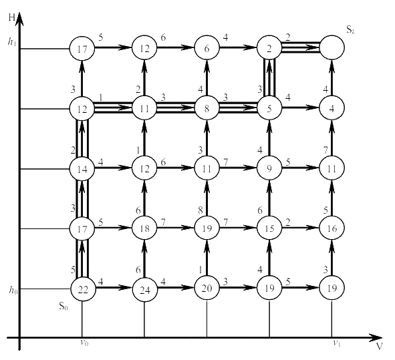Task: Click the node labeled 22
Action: (83, 289)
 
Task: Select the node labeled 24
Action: (144, 289)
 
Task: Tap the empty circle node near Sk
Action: (332, 47)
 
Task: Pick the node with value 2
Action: (269, 48)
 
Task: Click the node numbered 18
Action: (144, 228)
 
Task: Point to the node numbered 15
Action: (269, 228)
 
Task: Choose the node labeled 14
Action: (82, 169)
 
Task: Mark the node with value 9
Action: (269, 168)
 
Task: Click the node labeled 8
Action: (207, 108)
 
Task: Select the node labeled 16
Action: (332, 228)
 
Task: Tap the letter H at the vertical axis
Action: (11, 17)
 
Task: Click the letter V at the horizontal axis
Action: (380, 346)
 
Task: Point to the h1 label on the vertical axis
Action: (12, 42)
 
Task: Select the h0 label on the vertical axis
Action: (13, 290)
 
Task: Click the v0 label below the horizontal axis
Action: (84, 343)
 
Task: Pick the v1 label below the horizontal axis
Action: (337, 343)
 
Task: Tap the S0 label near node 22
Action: (63, 306)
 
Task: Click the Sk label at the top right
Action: (350, 30)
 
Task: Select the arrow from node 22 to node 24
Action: (114, 287)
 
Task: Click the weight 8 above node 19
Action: (201, 210)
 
